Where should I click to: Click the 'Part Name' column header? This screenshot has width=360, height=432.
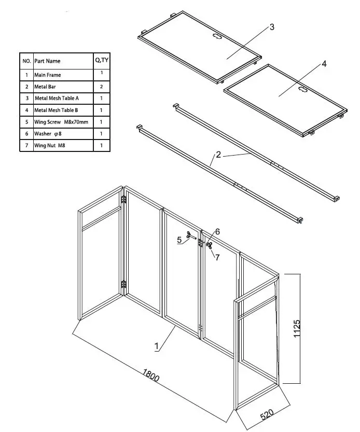click(x=47, y=61)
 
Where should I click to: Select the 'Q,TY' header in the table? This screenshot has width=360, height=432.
click(x=101, y=61)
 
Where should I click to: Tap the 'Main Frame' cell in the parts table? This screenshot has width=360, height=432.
click(x=48, y=75)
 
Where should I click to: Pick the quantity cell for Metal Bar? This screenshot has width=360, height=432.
click(x=101, y=87)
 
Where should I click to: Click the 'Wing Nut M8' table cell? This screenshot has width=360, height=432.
click(x=50, y=146)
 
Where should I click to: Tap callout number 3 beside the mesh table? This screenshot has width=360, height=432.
click(x=272, y=27)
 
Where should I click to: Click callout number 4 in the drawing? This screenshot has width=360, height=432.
click(x=324, y=64)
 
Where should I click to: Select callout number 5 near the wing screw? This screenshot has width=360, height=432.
click(x=179, y=240)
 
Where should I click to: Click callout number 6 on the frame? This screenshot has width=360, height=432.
click(x=218, y=232)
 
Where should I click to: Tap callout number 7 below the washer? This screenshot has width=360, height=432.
click(x=218, y=257)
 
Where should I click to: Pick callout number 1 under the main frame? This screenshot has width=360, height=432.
click(x=156, y=346)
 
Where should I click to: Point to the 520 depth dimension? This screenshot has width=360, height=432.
click(x=267, y=415)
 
